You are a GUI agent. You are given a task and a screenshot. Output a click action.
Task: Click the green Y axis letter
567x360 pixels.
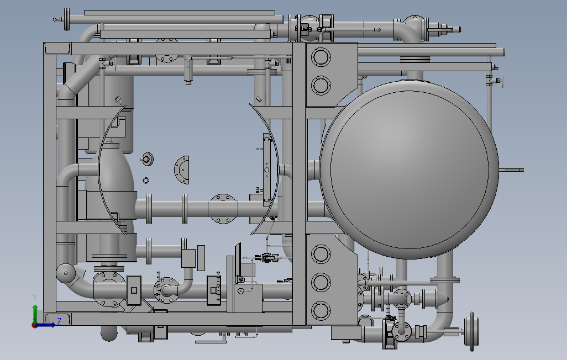[35, 298]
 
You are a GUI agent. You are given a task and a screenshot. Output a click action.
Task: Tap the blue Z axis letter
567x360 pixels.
[59, 321]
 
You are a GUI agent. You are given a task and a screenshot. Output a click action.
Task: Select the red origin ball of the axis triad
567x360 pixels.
[35, 325]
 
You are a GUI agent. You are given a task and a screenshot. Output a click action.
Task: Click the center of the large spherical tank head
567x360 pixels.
[410, 170]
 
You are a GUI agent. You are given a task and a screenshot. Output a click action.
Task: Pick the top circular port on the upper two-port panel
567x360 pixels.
[321, 57]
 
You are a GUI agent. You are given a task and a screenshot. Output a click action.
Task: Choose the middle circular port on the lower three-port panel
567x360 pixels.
[321, 282]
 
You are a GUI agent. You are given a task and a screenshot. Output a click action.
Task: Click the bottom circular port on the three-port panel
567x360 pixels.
[321, 310]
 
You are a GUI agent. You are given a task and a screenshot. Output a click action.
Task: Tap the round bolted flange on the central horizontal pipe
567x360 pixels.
[223, 209]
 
